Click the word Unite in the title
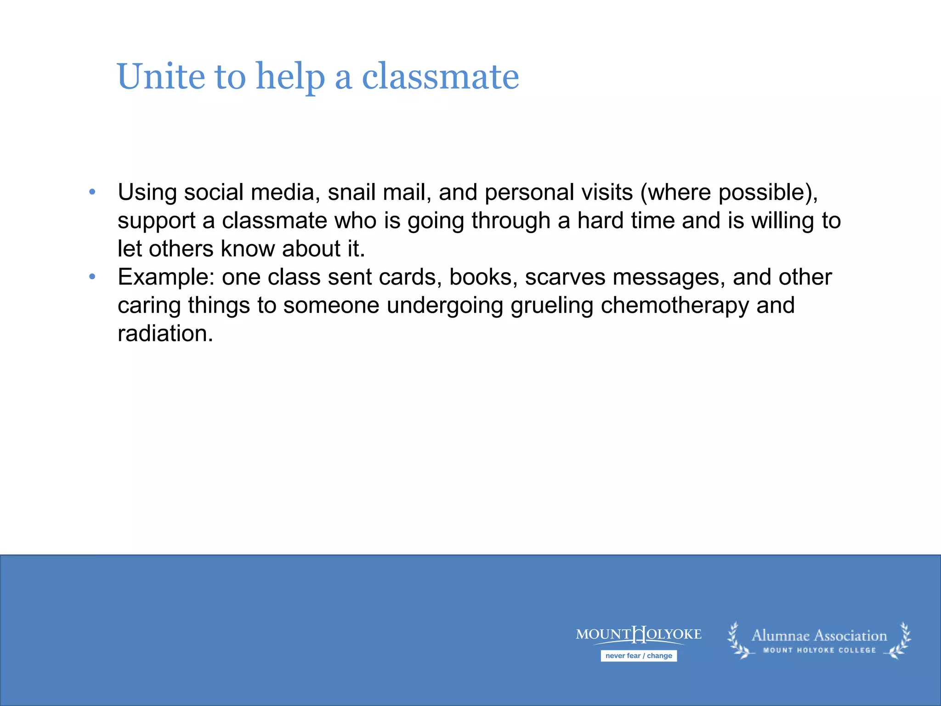[161, 77]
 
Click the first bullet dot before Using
[92, 192]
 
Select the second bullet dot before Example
[92, 277]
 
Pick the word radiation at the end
[165, 334]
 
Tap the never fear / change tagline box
[639, 656]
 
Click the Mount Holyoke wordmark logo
[639, 635]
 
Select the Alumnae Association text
[819, 636]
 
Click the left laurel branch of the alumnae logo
[739, 641]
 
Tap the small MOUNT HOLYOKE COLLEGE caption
[819, 650]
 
